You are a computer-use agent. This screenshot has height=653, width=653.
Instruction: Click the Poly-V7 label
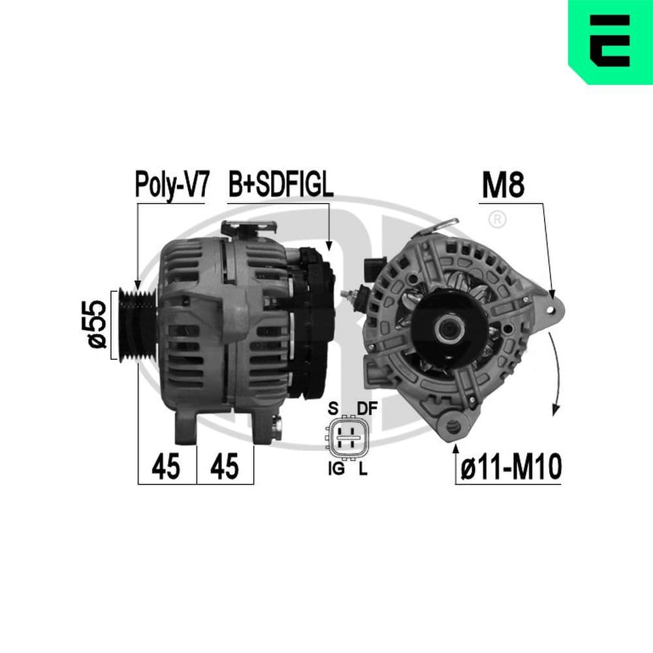coord(172,185)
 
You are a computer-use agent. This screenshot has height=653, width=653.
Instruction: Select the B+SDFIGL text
coord(281,185)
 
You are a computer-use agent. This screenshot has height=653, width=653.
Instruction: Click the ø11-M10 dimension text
coord(510,468)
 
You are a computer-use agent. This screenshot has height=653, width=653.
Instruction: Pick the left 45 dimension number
coord(166,468)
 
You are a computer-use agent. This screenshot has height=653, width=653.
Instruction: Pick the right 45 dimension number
coord(224,468)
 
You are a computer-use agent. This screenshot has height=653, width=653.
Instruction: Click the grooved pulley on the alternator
coord(136,325)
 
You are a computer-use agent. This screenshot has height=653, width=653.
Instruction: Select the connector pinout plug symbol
coord(346,438)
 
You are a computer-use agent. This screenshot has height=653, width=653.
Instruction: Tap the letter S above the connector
coord(332,409)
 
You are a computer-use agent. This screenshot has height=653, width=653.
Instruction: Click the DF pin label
coord(367,409)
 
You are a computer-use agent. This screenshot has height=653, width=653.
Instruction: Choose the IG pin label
coord(336,469)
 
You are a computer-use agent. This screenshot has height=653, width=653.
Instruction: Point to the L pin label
coord(362,469)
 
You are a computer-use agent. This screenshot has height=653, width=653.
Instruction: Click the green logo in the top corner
coord(611,42)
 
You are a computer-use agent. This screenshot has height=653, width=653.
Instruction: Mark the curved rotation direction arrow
coord(555,372)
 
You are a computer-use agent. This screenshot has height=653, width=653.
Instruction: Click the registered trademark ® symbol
coord(497,220)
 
